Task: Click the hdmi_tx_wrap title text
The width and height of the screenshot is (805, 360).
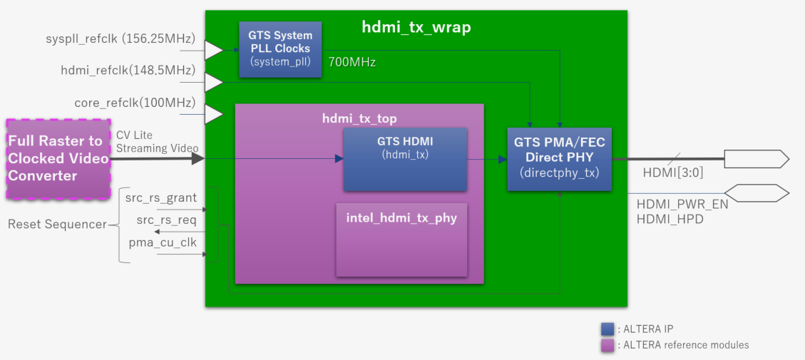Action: pyautogui.click(x=416, y=29)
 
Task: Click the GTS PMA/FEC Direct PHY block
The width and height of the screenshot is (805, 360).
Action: pyautogui.click(x=560, y=158)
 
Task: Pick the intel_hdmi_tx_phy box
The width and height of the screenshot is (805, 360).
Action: pyautogui.click(x=401, y=239)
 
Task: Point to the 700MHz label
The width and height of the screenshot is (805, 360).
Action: pyautogui.click(x=352, y=62)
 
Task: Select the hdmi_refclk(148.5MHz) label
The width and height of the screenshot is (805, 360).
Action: pyautogui.click(x=128, y=70)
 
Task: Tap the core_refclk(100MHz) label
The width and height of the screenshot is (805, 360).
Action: pyautogui.click(x=135, y=101)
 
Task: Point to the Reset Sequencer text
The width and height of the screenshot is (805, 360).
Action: pyautogui.click(x=56, y=224)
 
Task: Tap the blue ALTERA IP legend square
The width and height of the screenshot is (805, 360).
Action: pyautogui.click(x=607, y=329)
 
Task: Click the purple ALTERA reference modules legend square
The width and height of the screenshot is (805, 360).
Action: pyautogui.click(x=607, y=344)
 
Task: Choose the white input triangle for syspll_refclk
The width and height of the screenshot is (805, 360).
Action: pyautogui.click(x=213, y=50)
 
